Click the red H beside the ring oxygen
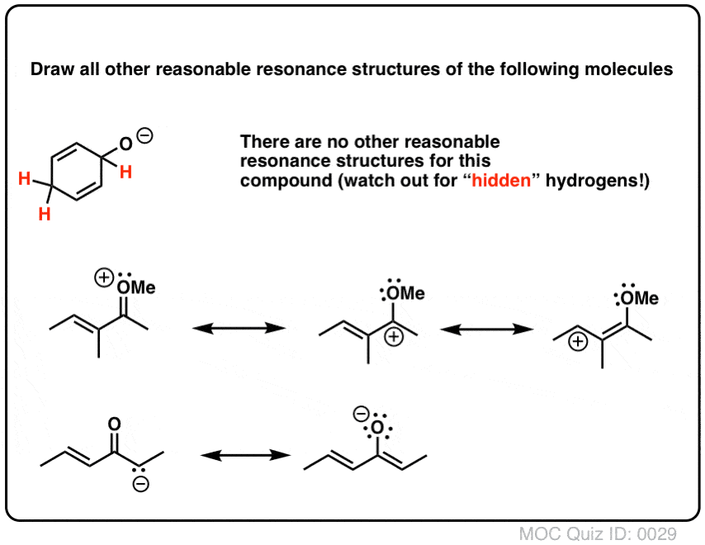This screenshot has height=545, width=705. [125, 171]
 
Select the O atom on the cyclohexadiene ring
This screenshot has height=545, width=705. [125, 146]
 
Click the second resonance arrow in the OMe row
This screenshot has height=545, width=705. [485, 329]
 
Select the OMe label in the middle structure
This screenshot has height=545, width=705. [406, 292]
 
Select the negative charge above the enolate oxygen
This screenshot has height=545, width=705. [360, 411]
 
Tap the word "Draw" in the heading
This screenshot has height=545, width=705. [49, 69]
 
